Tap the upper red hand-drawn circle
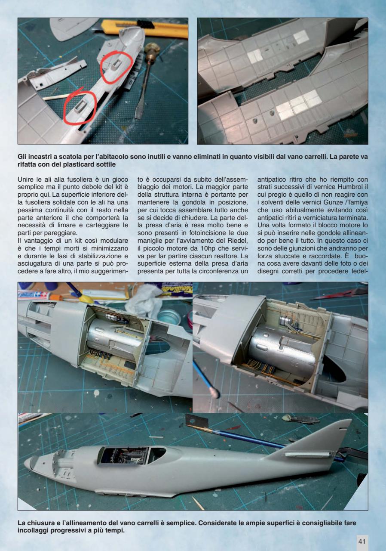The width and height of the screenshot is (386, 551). (114, 67)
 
